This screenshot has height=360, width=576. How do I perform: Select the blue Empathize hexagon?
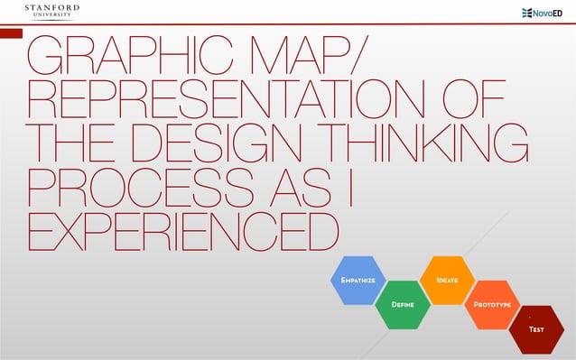(x=358, y=281)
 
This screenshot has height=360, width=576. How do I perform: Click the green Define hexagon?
(x=402, y=305)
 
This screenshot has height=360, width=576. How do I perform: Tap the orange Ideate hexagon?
(x=447, y=281)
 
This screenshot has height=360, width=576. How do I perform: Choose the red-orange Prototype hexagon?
(x=493, y=305)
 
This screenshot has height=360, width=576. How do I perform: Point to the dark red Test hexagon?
(x=536, y=329)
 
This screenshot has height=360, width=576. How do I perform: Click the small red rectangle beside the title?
(x=11, y=33)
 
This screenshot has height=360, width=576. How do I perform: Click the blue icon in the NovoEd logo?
(x=528, y=13)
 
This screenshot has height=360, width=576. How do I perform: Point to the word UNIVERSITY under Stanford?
(x=51, y=17)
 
